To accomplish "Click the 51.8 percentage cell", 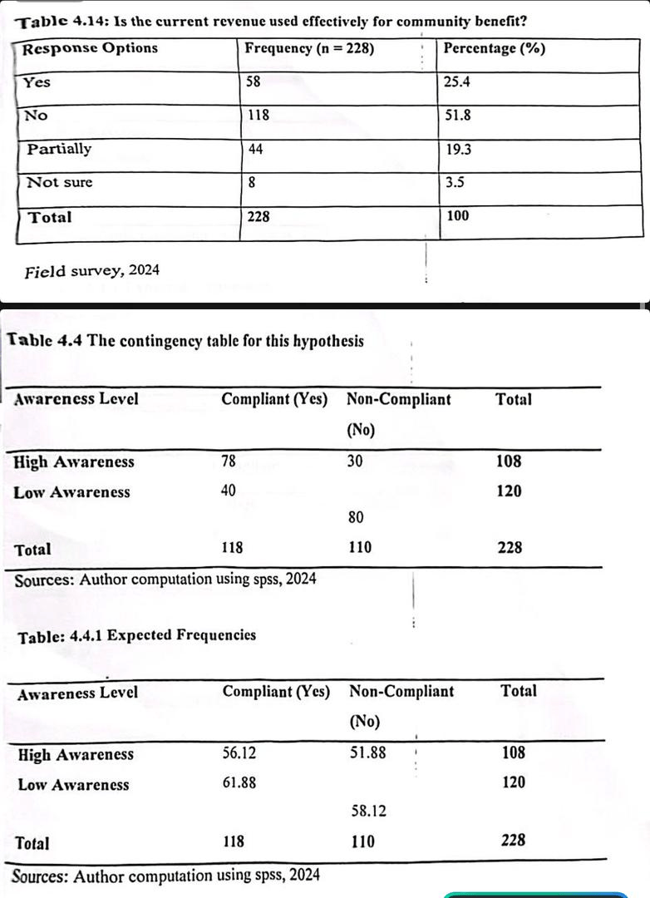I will (x=458, y=116).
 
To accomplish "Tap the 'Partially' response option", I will (x=59, y=150).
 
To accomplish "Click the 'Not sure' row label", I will (x=59, y=183).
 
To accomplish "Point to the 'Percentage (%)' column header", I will (x=495, y=48).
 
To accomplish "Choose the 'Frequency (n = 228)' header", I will (x=309, y=48).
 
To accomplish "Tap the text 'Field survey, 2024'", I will (x=92, y=271).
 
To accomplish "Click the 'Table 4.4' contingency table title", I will (x=185, y=341).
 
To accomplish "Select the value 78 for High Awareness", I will (x=229, y=461).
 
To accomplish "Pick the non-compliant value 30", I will (x=355, y=461).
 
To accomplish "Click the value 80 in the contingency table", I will (x=356, y=518).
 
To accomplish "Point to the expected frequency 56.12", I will (x=239, y=753).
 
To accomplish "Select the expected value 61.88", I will (x=239, y=782).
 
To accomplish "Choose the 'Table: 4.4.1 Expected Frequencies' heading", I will (x=136, y=635).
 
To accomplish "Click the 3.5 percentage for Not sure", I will (x=455, y=183).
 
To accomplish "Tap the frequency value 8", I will (x=251, y=183).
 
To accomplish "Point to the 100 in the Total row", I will (x=457, y=216).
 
